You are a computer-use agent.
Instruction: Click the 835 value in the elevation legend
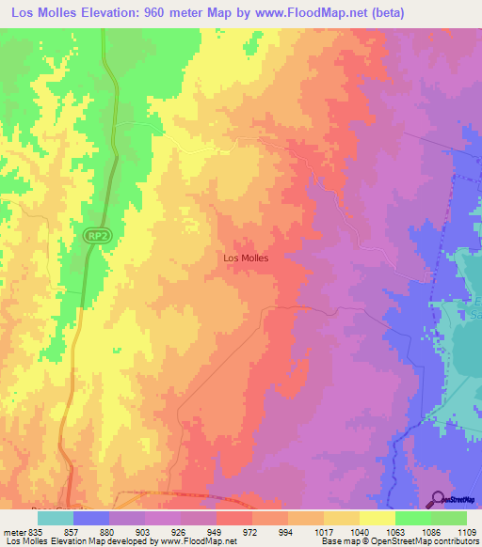(36, 531)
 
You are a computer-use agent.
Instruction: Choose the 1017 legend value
(323, 531)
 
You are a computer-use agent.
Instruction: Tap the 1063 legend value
(394, 531)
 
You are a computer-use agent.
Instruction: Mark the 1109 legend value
(465, 531)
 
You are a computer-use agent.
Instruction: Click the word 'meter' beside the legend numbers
(14, 531)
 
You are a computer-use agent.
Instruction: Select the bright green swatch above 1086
(412, 518)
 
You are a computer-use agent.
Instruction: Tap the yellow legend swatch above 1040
(341, 518)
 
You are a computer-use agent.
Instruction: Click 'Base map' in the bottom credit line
(338, 542)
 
